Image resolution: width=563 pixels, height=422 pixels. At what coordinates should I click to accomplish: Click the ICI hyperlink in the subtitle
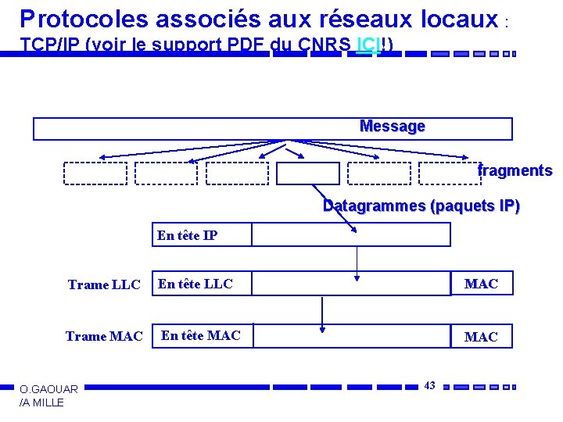(365, 45)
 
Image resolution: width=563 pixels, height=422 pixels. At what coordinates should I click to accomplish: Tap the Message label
(392, 127)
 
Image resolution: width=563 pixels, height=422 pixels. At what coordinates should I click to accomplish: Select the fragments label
(515, 171)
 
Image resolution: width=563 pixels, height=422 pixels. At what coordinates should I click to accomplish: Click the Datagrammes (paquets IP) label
(421, 207)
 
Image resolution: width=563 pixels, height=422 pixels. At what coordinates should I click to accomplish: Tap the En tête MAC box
(202, 336)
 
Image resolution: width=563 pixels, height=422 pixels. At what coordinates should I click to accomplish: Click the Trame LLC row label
(104, 284)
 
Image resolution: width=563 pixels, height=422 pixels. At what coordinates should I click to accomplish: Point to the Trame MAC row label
(104, 337)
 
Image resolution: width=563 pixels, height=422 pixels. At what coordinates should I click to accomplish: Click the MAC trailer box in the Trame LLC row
(482, 284)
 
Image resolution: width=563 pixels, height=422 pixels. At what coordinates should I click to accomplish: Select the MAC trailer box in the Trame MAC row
(482, 337)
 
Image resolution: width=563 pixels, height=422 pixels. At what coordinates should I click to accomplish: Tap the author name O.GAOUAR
(48, 389)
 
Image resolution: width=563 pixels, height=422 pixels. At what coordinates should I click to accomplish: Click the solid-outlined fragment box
(308, 173)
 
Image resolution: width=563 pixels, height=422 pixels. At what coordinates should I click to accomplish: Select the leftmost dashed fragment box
(95, 173)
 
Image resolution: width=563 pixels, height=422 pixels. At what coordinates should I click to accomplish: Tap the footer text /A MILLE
(42, 402)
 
